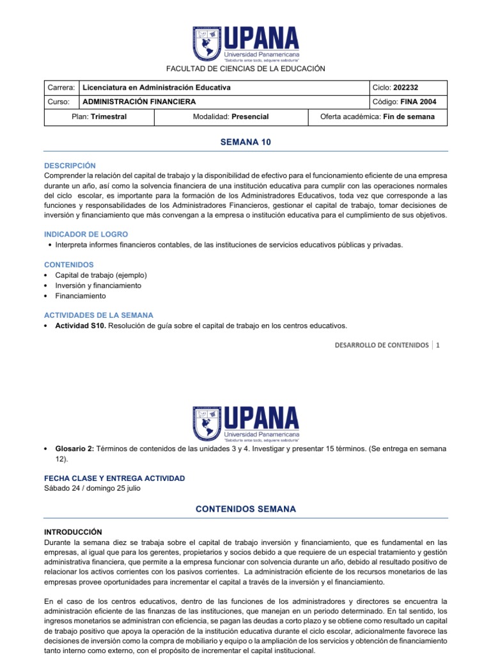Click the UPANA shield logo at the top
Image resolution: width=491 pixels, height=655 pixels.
point(207,43)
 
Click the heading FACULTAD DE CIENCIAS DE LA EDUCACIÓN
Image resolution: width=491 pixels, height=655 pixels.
point(245,68)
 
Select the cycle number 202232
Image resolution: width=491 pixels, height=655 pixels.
point(408,88)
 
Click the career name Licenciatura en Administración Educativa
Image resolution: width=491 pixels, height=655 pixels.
point(157,88)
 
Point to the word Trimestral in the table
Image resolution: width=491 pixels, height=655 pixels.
point(109,116)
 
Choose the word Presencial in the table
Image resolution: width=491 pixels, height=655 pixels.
point(250,116)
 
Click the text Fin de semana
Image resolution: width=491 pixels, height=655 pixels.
point(409,116)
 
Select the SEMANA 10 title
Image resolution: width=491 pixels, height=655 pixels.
point(245,143)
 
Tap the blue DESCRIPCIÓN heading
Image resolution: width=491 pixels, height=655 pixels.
point(70,165)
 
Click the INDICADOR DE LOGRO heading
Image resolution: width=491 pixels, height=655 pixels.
point(86,234)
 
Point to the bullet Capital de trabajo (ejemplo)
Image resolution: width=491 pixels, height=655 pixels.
point(101,275)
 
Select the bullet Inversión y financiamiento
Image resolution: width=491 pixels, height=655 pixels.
point(98,285)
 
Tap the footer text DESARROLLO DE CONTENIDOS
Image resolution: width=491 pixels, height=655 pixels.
point(382,345)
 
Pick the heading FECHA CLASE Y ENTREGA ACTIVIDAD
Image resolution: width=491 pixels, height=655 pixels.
point(114,478)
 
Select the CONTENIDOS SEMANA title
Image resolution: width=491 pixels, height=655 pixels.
point(245,509)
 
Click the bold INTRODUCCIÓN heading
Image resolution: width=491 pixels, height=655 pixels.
point(72,532)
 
